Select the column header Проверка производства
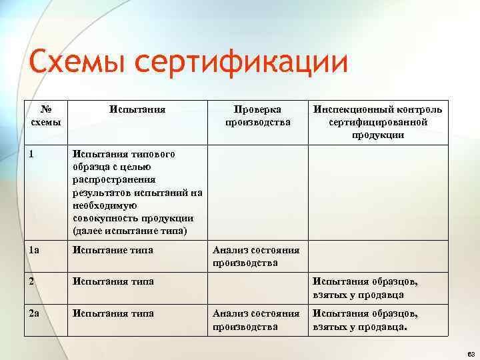click(x=257, y=115)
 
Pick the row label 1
click(x=33, y=154)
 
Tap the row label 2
click(x=33, y=281)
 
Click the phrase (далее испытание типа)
click(x=130, y=231)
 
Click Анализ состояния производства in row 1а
click(x=255, y=256)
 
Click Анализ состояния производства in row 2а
click(x=255, y=319)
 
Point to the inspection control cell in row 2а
click(x=366, y=319)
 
